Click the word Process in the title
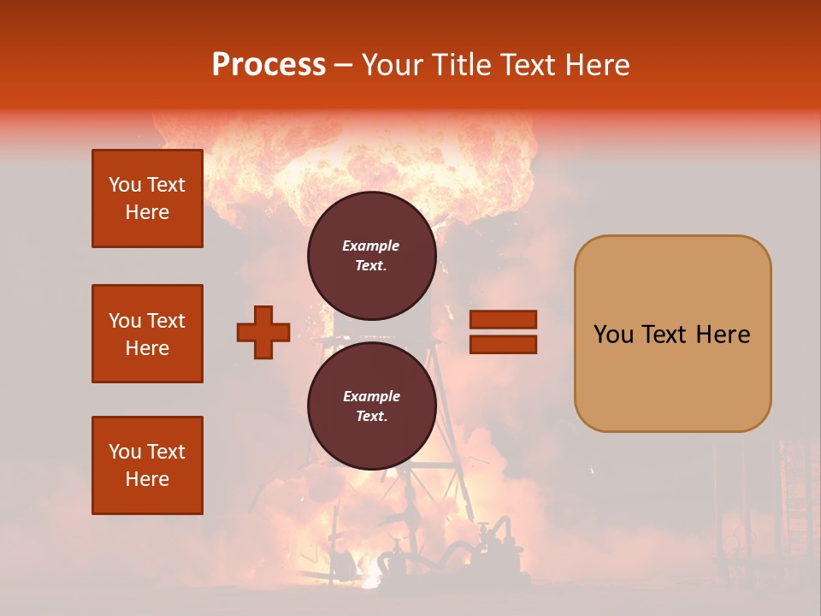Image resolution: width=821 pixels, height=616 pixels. point(269,65)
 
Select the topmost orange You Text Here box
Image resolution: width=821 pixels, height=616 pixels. point(147,198)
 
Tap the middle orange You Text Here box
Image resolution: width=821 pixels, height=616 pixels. point(147,334)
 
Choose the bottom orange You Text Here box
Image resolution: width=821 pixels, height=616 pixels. point(147,465)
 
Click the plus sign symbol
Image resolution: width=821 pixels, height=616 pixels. point(263,332)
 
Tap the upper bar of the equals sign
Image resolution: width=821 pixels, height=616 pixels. point(503,320)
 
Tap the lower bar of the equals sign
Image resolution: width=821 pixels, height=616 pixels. point(503,344)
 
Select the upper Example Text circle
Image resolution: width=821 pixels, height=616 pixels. point(371,255)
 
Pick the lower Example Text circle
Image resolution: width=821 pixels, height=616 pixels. point(371,406)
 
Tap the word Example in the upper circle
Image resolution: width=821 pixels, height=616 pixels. point(371,246)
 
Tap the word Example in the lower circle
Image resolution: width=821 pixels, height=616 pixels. point(371,396)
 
